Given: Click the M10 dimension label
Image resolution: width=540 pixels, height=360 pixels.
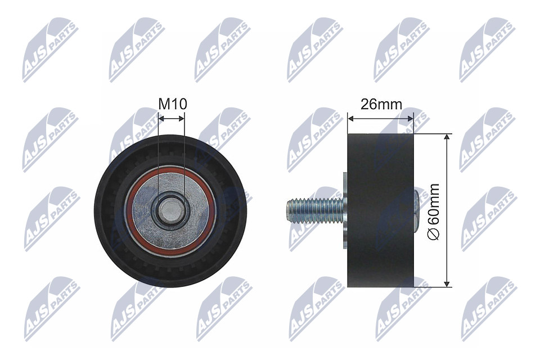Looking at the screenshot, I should (x=172, y=103).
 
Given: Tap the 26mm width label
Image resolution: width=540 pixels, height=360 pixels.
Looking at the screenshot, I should (x=381, y=104).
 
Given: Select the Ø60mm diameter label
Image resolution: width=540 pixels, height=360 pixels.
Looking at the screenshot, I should (x=434, y=210).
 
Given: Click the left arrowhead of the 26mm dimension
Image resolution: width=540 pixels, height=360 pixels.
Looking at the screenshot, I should (x=351, y=118).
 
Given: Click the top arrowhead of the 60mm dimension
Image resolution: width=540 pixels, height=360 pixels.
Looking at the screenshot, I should (x=447, y=138).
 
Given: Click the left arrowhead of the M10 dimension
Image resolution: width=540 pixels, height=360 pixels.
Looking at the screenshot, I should (x=161, y=118).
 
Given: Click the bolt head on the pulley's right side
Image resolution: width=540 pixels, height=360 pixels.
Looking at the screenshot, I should (x=417, y=210).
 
